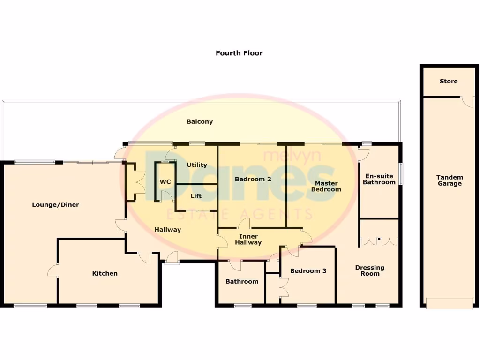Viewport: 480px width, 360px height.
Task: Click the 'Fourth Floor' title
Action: pos(239,53)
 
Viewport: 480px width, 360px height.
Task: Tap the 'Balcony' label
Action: pos(200,121)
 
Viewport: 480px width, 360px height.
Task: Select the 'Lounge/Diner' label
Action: pos(55,204)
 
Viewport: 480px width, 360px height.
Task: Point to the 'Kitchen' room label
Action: pos(105,273)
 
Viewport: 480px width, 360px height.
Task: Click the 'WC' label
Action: pos(165,181)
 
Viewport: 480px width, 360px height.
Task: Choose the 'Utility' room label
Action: pos(197,165)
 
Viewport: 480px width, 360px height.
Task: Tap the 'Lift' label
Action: pos(196,196)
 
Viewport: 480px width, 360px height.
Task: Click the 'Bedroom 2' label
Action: pos(253,179)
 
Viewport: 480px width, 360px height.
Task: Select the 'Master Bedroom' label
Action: pos(326,186)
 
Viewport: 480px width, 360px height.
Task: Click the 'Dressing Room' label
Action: pos(369,270)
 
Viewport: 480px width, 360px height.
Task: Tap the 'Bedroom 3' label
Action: pos(308,270)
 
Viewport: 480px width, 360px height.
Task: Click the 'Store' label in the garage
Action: pos(448,81)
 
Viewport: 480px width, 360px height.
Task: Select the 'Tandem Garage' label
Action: pos(450,180)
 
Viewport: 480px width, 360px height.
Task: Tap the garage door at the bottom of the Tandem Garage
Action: pos(449,304)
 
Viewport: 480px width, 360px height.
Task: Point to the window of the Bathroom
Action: pos(242,306)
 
